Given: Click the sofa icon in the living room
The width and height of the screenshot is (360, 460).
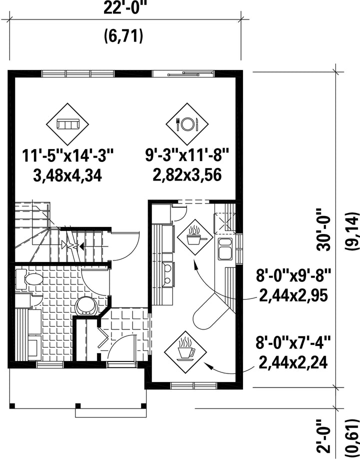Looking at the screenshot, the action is tap(67, 124).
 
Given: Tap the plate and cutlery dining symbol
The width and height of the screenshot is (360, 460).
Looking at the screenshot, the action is tap(187, 124).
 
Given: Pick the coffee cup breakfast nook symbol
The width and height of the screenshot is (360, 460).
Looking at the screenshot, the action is tap(185, 352).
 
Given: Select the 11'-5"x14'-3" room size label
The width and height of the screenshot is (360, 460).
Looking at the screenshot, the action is tap(68, 156).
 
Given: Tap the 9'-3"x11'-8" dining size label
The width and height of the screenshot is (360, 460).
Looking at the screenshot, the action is tap(187, 156).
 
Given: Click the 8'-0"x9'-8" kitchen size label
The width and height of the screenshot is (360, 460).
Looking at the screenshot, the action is tap(293, 276).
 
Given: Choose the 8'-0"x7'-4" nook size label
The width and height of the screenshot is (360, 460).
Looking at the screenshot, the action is tap(293, 342).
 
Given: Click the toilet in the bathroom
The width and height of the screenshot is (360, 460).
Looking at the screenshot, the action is tap(29, 279).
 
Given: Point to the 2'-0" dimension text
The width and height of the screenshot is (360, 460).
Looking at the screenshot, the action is tap(323, 436).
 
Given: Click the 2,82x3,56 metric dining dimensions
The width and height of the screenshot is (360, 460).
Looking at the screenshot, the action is tap(187, 175).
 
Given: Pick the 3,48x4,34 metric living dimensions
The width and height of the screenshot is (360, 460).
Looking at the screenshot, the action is tap(68, 176).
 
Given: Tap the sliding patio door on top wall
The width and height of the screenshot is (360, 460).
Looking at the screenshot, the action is tap(183, 73).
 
